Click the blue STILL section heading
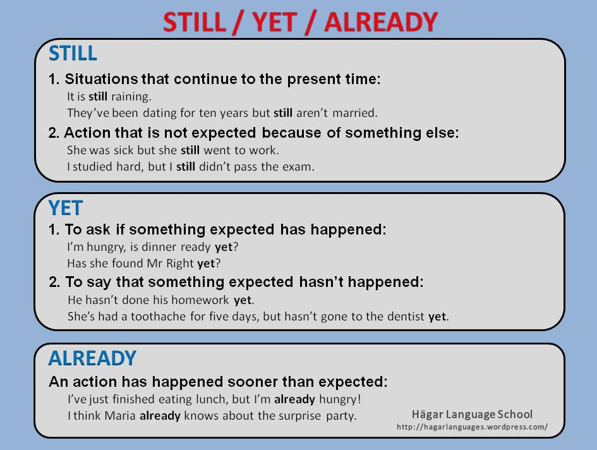click(x=73, y=53)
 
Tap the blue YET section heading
click(x=66, y=208)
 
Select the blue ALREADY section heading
click(x=92, y=358)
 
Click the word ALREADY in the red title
click(x=381, y=21)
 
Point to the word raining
click(x=131, y=97)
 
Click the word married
click(x=355, y=113)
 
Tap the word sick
click(x=124, y=150)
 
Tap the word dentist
click(x=406, y=316)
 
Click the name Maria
click(x=120, y=415)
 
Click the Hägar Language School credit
click(x=472, y=414)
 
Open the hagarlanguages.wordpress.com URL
click(x=472, y=427)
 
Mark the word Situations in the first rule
click(x=101, y=79)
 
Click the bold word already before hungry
click(x=294, y=399)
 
